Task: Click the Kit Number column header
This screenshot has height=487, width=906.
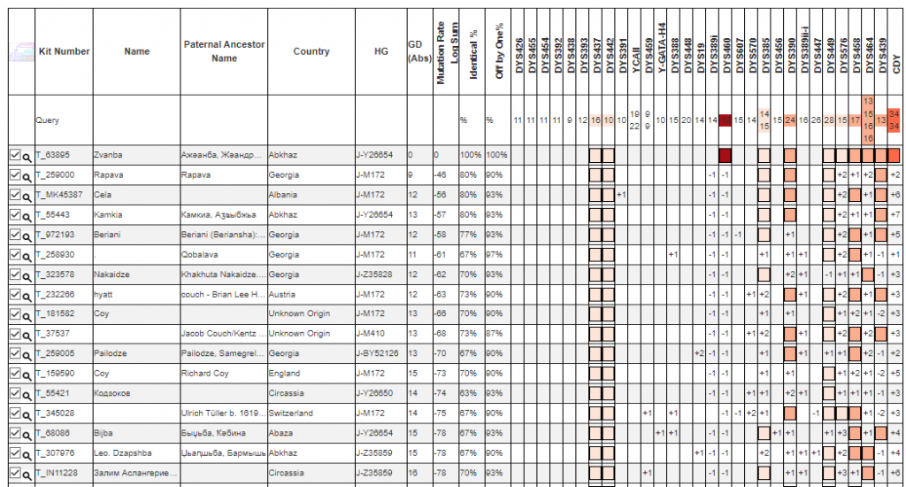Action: tap(64, 51)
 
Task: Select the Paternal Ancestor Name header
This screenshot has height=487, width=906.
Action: tap(224, 51)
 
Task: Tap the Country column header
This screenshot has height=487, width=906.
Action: tap(311, 51)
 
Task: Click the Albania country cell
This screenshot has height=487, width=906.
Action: tap(283, 195)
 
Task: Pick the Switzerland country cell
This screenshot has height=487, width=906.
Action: tap(290, 414)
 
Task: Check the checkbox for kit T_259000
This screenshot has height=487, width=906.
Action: tap(14, 175)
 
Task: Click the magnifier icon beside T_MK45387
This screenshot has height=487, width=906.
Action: tap(27, 196)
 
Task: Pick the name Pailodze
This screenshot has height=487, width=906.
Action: tap(110, 353)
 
